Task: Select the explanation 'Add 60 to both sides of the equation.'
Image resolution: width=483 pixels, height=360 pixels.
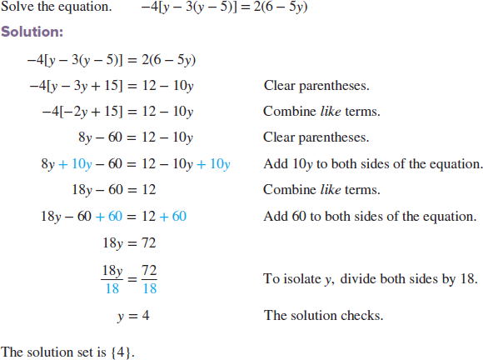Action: [368, 217]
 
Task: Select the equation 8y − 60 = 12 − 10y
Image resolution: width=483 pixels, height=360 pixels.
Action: [135, 137]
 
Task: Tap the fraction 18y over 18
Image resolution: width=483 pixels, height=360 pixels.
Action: [111, 279]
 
